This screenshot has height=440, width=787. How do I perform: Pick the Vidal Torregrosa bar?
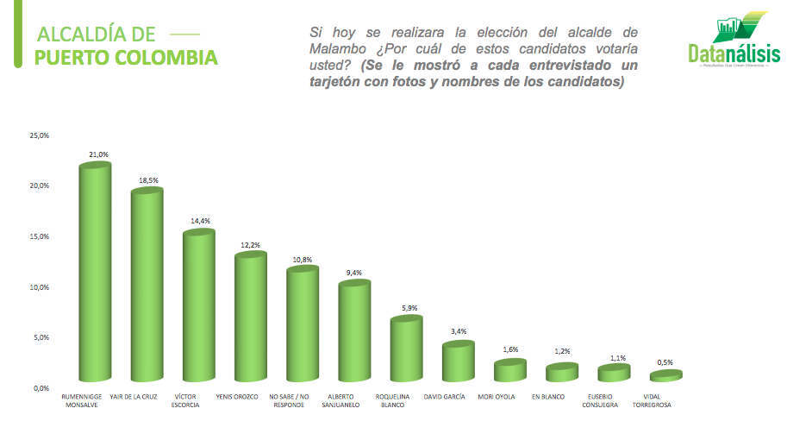click(x=665, y=375)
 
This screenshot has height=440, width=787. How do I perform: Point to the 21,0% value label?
click(x=98, y=154)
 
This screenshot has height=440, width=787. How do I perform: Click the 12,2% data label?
click(x=250, y=245)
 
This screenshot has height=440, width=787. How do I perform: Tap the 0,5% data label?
click(x=665, y=362)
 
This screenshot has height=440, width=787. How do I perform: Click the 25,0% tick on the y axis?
click(x=39, y=135)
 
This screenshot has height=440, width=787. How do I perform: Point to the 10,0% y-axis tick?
click(x=39, y=287)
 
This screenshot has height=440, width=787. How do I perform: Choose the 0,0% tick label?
click(x=41, y=388)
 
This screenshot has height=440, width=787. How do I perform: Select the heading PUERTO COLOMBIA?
click(x=126, y=58)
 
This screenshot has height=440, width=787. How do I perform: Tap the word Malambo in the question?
click(x=339, y=48)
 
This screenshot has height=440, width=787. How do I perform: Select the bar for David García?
click(x=458, y=361)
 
